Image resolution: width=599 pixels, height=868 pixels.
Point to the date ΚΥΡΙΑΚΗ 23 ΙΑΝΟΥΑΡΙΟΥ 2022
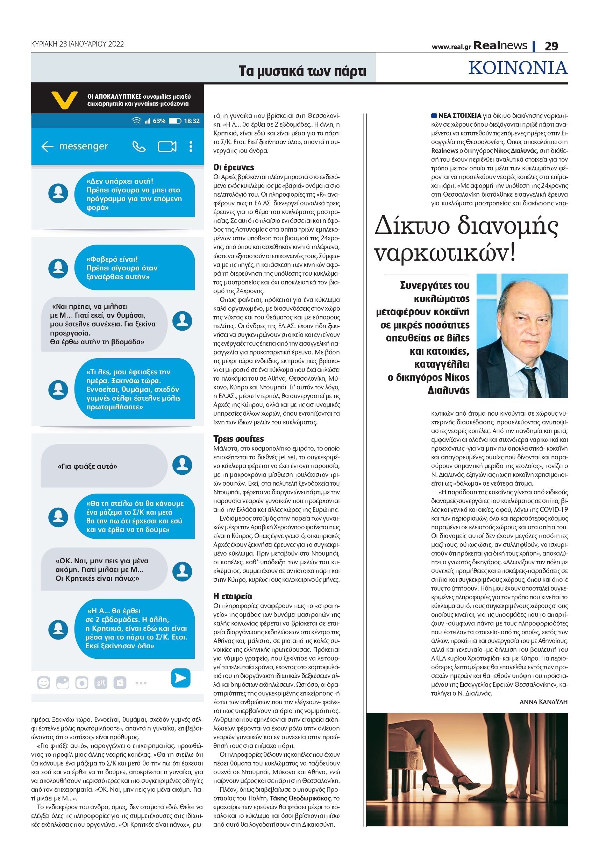77,44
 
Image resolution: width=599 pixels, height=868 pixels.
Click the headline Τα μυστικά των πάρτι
302,71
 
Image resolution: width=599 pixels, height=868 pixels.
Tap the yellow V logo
64,99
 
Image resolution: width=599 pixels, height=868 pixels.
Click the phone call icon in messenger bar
139,147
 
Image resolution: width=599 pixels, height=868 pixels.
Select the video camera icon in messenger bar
167,147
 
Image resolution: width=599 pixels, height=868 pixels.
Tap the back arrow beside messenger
47,147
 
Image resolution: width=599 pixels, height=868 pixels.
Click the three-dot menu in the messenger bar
191,147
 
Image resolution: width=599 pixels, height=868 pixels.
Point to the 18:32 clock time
191,121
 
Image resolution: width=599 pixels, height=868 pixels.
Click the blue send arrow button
180,678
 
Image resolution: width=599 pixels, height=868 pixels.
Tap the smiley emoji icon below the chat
44,683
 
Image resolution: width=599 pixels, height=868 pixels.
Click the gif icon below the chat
101,683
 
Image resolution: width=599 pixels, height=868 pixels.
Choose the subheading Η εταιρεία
233,596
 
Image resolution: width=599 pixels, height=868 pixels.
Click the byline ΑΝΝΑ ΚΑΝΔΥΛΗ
543,702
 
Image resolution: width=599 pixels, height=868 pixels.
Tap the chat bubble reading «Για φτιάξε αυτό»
104,466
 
